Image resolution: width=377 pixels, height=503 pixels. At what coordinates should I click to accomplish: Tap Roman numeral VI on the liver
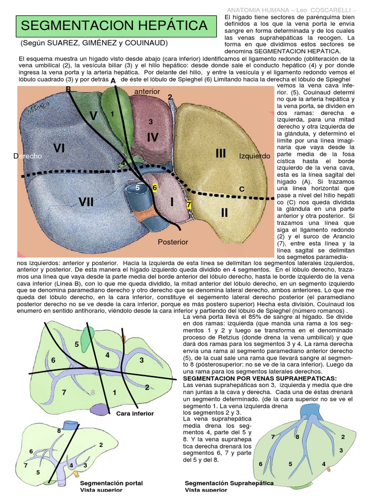point(59,148)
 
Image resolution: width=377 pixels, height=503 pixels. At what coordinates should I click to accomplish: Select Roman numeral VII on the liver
point(86,201)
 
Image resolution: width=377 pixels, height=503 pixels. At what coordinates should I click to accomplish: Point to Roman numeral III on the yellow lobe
point(220,153)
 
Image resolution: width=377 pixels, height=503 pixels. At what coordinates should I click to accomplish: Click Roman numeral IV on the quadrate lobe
point(152,138)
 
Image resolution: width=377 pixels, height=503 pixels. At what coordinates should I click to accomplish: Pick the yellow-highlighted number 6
point(154,188)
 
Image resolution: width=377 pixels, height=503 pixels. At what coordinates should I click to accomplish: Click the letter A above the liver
point(113,81)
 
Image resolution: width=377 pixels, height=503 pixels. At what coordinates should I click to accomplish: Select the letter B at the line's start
point(68,89)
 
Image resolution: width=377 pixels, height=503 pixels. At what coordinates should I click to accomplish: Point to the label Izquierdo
point(255,156)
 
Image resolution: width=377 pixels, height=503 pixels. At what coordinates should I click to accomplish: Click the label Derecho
point(28,156)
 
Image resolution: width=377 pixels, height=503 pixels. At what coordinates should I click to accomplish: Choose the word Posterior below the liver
point(173,242)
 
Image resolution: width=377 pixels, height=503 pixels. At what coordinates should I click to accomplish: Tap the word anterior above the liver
point(147,91)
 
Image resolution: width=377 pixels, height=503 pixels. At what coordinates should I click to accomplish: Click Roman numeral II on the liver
point(224,213)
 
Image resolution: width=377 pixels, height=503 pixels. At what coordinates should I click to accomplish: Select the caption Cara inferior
point(135,414)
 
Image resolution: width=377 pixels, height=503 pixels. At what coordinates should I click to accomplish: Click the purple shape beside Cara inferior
point(103,409)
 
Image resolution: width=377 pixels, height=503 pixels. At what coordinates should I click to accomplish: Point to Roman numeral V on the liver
point(94,116)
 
